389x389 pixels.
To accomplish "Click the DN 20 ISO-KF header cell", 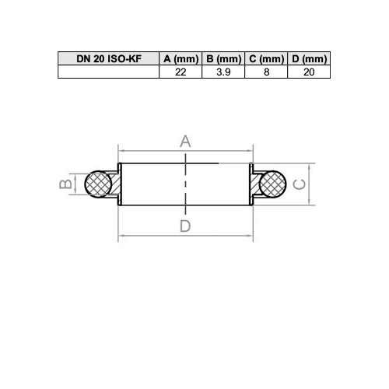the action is coord(108,58).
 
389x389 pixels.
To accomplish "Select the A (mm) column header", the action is coord(180,58).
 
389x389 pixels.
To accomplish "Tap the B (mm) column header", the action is coord(223,58).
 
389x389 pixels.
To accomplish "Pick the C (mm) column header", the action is coord(266,58).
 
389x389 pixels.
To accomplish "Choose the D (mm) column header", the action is coord(309,58).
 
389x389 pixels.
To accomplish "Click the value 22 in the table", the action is coord(180,72).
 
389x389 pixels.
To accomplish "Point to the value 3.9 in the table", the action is coord(223,72).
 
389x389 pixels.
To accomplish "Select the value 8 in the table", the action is coord(266,72).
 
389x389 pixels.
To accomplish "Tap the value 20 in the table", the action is coord(309,72).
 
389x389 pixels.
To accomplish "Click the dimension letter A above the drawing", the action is coord(185,142).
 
